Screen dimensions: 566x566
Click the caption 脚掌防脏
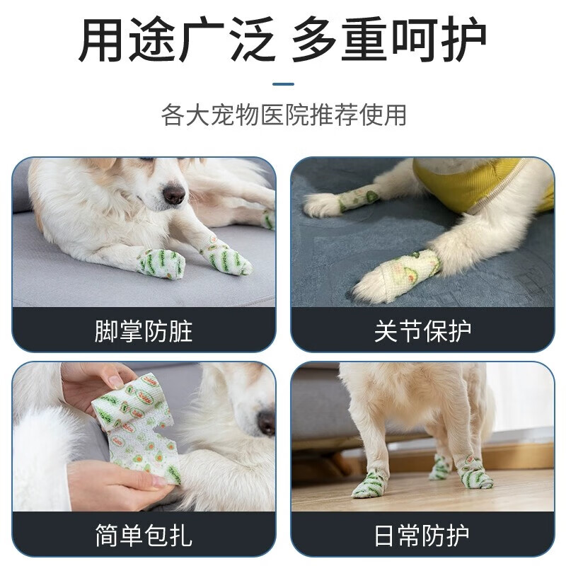point(144,330)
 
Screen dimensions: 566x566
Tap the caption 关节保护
point(422,330)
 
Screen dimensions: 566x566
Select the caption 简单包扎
point(144,535)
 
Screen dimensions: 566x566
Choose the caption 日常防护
point(422,535)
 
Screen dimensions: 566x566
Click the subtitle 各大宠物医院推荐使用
point(284,115)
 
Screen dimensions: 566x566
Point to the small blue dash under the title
point(283,84)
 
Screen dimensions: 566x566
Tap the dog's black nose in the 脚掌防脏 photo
point(174,194)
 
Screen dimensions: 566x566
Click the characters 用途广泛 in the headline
point(176,40)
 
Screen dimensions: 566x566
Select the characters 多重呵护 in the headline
point(389,40)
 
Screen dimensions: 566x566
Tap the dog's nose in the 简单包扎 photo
point(267,422)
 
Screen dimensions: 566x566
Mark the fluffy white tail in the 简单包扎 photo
point(42,453)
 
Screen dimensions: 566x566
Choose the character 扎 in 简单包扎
point(180,535)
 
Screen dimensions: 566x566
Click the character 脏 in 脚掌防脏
point(180,330)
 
